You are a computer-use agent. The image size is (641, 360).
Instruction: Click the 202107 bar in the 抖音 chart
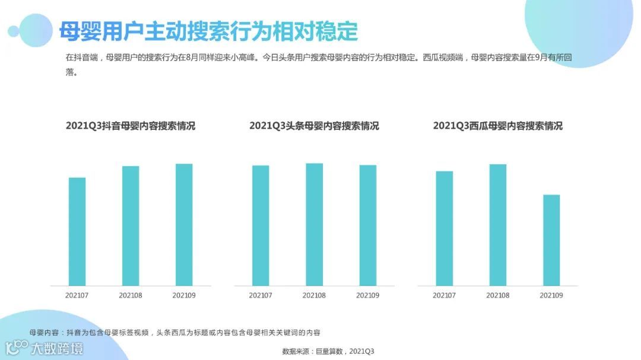[x=77, y=231]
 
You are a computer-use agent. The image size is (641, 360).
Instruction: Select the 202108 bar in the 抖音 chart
[x=131, y=225]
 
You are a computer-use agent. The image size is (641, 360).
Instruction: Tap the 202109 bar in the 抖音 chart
[x=184, y=224]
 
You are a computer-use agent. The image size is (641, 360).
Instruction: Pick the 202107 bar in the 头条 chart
[x=261, y=225]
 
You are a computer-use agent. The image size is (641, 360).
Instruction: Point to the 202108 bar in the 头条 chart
[x=314, y=224]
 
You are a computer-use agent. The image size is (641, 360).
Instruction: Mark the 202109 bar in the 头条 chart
[x=368, y=225]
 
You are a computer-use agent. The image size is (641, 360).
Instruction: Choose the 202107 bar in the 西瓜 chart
[x=445, y=228]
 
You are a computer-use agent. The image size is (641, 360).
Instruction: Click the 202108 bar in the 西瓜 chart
[x=498, y=225]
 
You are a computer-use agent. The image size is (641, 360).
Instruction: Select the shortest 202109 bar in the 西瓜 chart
[x=551, y=240]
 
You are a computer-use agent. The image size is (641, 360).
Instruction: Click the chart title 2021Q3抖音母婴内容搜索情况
[x=130, y=126]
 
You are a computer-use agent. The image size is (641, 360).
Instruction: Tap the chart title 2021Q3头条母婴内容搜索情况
[x=314, y=126]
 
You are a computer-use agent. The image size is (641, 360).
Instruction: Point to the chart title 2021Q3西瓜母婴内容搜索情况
[x=498, y=126]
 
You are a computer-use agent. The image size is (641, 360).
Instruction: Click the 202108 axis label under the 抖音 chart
[x=131, y=295]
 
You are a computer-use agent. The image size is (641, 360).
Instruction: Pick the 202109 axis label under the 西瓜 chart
[x=551, y=295]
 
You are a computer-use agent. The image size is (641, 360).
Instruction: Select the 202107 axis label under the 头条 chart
[x=261, y=295]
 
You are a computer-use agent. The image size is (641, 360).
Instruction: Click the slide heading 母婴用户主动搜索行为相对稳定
[x=208, y=31]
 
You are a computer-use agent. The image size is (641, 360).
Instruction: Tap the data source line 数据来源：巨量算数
[x=328, y=351]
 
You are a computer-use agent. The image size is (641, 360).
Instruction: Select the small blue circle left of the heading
[x=13, y=31]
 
